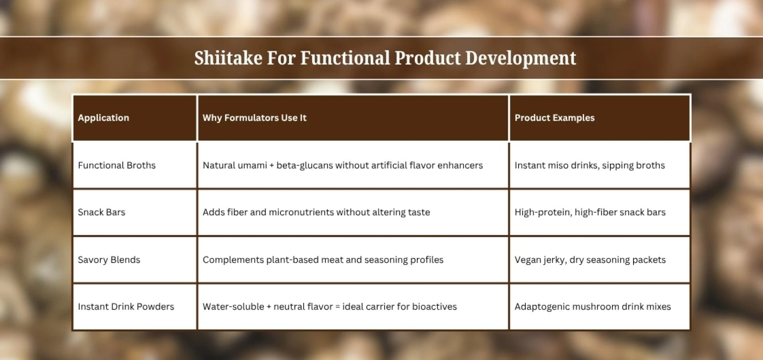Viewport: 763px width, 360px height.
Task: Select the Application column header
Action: point(103,118)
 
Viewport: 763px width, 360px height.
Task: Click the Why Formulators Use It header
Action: point(254,118)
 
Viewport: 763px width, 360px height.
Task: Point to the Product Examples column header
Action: point(554,118)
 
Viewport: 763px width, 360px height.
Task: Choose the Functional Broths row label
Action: point(116,165)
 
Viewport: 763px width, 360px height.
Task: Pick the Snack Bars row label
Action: point(101,212)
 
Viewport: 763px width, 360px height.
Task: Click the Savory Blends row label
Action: point(109,259)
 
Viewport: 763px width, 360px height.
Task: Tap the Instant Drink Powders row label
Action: point(126,307)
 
